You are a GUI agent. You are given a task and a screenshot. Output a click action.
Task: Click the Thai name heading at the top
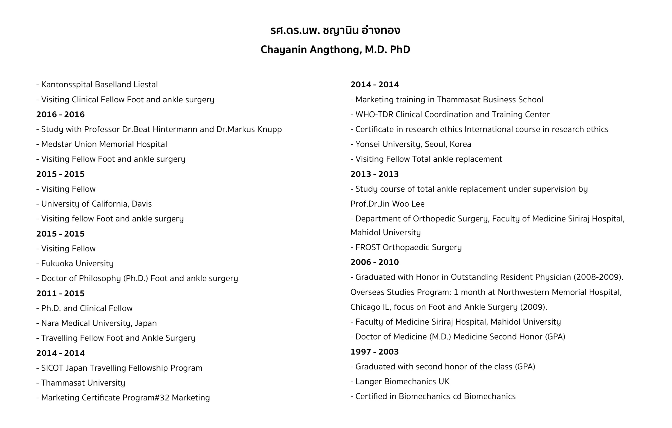point(335,30)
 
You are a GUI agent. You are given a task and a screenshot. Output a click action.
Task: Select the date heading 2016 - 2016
point(60,115)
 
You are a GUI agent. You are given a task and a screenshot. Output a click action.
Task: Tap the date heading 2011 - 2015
point(60,293)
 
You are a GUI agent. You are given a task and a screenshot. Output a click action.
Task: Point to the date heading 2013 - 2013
point(375,174)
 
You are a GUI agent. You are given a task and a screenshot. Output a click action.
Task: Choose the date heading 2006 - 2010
point(375,262)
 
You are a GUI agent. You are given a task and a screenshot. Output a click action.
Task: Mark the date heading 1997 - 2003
point(375,352)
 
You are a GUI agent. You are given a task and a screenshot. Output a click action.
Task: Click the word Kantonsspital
point(67,85)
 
